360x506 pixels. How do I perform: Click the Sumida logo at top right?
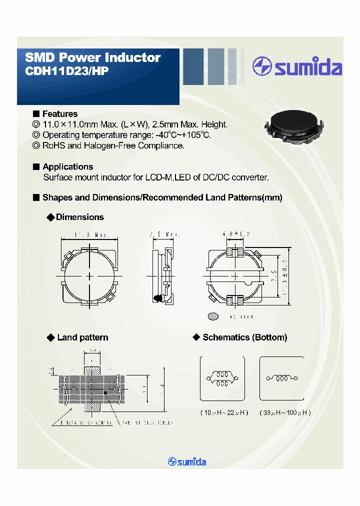tap(297, 67)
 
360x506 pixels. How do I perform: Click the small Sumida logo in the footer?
tap(187, 461)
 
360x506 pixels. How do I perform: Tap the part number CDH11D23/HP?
tap(66, 71)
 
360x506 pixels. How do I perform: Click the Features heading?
tap(59, 114)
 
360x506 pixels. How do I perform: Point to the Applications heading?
tap(67, 166)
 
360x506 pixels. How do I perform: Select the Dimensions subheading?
tap(79, 217)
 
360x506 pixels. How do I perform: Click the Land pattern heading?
tap(82, 337)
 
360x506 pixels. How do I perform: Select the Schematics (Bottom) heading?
tap(244, 337)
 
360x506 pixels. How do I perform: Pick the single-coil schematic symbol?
tap(281, 378)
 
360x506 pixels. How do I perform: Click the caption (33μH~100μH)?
tap(285, 412)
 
